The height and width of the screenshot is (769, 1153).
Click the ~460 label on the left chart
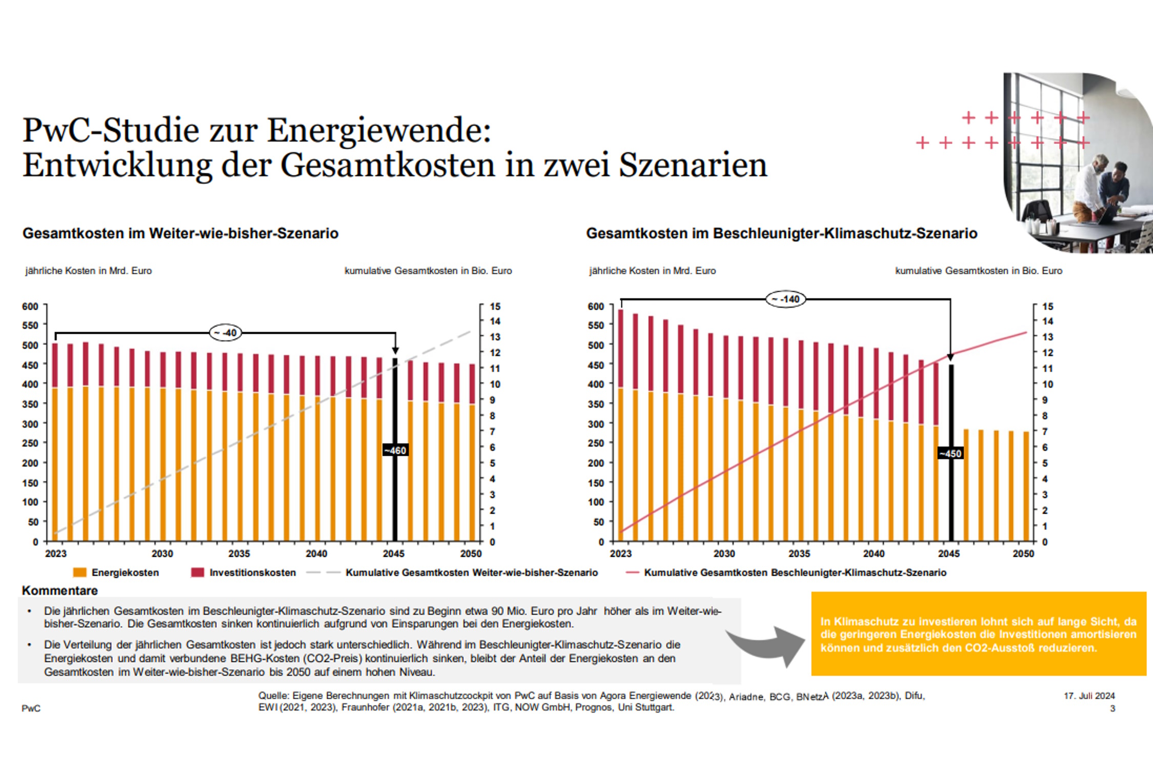(x=396, y=451)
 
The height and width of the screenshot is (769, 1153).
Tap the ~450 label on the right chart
(x=951, y=454)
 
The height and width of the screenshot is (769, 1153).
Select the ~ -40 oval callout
(x=225, y=333)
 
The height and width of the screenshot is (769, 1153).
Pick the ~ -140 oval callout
(x=786, y=299)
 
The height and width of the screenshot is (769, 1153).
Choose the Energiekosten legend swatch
(x=79, y=573)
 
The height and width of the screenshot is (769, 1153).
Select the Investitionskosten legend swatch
(x=197, y=573)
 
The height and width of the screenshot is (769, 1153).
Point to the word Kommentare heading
(x=60, y=591)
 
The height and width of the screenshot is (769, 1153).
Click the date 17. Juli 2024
(x=1089, y=696)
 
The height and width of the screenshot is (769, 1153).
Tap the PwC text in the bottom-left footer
(x=31, y=709)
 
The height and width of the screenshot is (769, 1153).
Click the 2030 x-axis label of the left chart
(x=162, y=554)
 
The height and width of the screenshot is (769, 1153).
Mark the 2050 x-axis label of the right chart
(x=1023, y=554)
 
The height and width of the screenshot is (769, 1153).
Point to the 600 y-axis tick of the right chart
(x=596, y=306)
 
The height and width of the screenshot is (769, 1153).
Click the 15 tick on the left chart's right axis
(x=495, y=307)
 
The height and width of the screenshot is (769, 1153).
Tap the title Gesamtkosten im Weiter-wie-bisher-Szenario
(x=180, y=233)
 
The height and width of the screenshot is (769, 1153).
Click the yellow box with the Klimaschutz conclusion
(x=978, y=634)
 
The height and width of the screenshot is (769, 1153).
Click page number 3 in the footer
(x=1113, y=709)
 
